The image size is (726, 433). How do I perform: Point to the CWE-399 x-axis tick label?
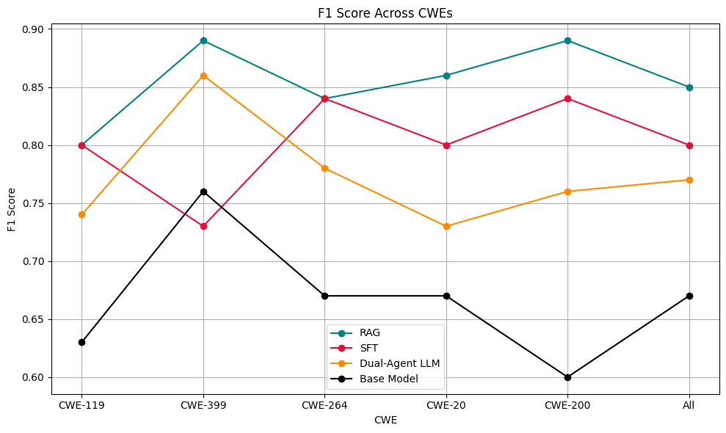[203, 404]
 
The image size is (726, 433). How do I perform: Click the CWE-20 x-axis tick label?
[446, 404]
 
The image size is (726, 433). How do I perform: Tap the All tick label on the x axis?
[689, 404]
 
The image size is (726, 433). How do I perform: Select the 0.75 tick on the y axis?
[34, 203]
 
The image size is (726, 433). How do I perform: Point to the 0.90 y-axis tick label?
[34, 29]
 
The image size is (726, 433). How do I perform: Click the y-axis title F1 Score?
[12, 203]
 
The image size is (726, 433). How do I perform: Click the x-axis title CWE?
[385, 420]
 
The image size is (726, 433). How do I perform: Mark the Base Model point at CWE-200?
[567, 377]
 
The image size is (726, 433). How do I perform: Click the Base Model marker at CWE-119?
[81, 342]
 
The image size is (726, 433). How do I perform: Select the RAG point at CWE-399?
[203, 40]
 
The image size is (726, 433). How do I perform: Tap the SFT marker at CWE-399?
[203, 226]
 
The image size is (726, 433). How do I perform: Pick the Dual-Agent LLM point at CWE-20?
[446, 226]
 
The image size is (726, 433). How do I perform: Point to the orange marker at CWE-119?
[81, 214]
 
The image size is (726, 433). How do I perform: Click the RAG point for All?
[689, 87]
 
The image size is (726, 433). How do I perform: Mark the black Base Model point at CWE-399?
[203, 192]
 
